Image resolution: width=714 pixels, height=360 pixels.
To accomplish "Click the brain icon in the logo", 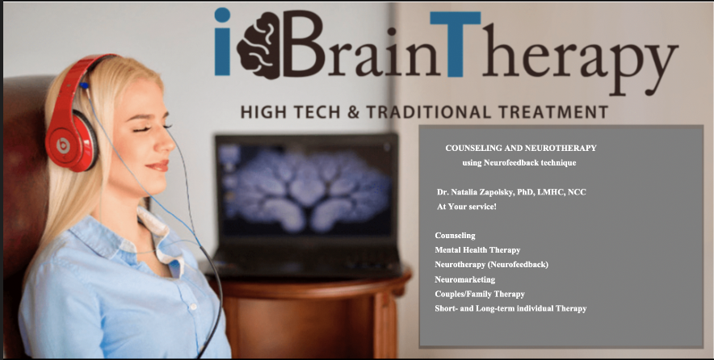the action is click(258, 45).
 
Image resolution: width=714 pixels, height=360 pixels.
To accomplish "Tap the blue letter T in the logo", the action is click(456, 44).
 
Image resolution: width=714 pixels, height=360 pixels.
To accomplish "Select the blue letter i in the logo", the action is click(222, 41).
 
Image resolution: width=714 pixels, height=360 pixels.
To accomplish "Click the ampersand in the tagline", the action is click(353, 112).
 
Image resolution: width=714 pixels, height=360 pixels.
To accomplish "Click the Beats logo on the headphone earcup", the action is click(63, 145).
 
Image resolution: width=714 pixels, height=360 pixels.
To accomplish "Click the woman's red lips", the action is click(158, 165).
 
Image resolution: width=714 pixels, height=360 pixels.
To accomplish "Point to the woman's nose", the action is click(166, 142).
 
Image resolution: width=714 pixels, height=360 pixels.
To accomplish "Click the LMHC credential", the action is click(551, 192).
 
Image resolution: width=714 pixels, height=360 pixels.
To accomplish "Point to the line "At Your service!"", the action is click(467, 207).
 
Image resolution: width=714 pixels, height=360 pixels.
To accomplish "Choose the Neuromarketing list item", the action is click(465, 279).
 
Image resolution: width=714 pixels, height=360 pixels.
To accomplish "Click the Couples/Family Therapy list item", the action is click(480, 294).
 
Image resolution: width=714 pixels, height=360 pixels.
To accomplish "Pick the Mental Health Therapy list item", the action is click(477, 250).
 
